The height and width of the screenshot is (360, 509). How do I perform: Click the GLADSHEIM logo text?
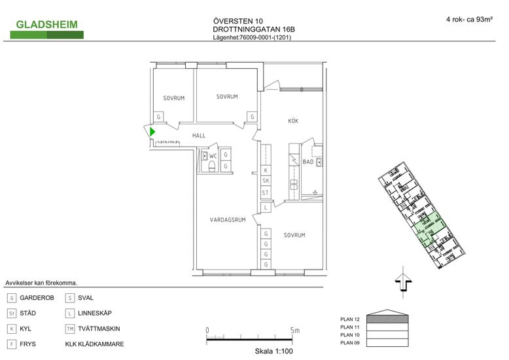tap(46, 24)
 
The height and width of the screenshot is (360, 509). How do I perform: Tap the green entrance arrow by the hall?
tap(152, 132)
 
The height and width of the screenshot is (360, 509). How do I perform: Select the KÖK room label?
tap(293, 121)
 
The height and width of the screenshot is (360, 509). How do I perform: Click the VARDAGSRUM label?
tap(228, 220)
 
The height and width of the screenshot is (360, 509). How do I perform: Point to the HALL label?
tap(199, 135)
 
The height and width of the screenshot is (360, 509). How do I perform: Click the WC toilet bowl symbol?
tap(212, 166)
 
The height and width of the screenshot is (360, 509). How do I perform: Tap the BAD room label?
tap(308, 162)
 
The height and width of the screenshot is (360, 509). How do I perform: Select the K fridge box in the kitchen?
tap(266, 170)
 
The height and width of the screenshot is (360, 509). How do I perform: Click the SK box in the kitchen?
tap(266, 181)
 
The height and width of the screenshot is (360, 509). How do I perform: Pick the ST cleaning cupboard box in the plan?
tap(266, 192)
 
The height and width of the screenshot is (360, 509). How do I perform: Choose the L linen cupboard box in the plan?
tap(266, 207)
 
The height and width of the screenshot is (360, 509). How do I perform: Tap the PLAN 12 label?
tap(350, 319)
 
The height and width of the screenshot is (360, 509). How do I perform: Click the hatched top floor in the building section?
tap(387, 319)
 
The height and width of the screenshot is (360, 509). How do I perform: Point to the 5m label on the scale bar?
tap(295, 331)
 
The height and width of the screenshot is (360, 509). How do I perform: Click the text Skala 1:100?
tap(273, 351)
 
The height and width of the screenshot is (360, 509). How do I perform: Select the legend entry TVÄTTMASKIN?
tap(99, 329)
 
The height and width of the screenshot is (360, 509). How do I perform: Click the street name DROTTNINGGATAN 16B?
tap(254, 29)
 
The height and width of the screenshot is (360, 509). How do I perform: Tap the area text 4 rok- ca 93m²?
tap(469, 19)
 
